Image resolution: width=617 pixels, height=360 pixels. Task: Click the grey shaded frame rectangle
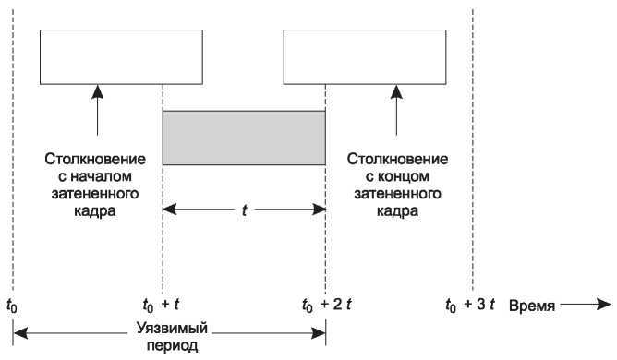[244, 138]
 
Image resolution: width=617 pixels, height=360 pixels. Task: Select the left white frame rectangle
[121, 56]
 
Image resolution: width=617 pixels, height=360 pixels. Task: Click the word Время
[532, 304]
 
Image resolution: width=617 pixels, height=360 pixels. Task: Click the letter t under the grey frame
[244, 210]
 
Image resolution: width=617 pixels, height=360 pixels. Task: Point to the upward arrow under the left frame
[96, 112]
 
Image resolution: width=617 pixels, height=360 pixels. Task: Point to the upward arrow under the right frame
[396, 112]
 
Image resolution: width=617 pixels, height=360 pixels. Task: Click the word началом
[95, 177]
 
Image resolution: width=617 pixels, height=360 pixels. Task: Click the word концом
[397, 177]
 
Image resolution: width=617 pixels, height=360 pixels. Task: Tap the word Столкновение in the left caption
[95, 161]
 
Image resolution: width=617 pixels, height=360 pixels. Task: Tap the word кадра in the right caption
[397, 210]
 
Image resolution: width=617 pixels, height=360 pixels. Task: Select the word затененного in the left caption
[95, 194]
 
